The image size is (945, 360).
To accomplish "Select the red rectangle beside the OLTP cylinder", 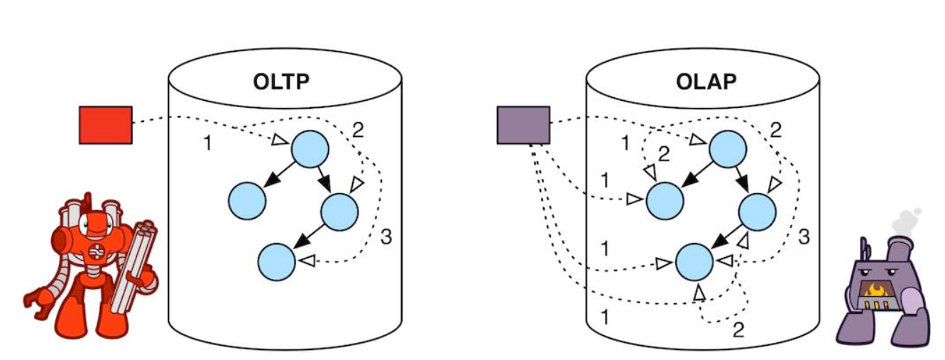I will (105, 125).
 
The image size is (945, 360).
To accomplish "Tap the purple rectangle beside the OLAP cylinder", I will (523, 125).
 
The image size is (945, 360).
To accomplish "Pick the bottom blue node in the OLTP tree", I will (276, 261).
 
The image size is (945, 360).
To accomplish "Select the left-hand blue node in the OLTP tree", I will (247, 200).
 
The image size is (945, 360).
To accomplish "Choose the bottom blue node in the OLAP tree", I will (694, 262).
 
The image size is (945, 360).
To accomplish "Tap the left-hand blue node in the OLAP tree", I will (665, 200).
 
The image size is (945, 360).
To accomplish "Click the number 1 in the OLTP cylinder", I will (207, 143).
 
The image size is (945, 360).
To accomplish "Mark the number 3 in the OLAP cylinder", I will (804, 237).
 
